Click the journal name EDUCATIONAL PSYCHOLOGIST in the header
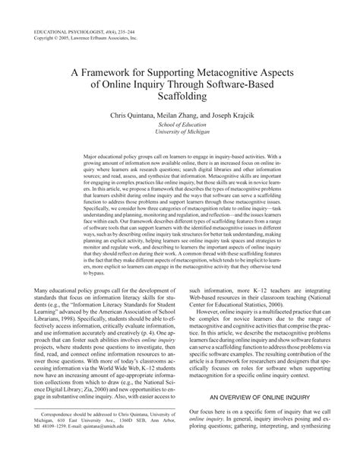coord(61,10)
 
